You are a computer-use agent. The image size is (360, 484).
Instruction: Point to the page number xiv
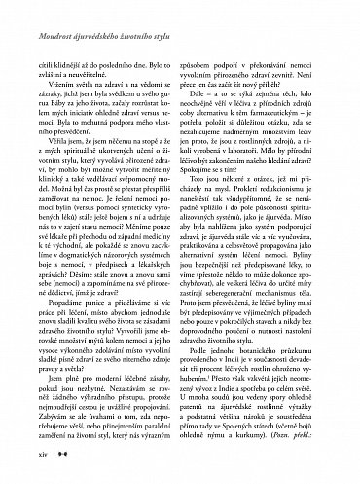point(44,455)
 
